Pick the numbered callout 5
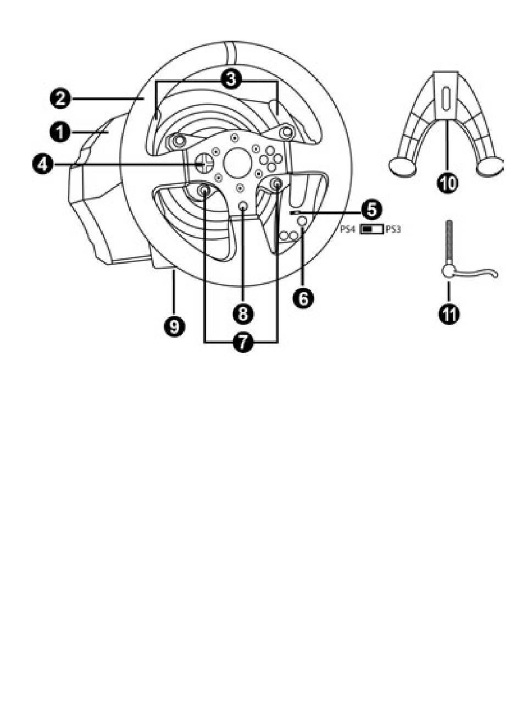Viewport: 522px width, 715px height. point(373,209)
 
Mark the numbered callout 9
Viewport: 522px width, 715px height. point(175,326)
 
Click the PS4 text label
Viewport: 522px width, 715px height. point(348,229)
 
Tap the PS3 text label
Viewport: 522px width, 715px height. point(393,229)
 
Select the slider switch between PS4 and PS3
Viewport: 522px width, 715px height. point(371,229)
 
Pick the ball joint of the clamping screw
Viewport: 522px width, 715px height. point(448,271)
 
